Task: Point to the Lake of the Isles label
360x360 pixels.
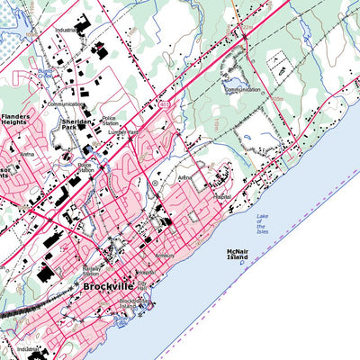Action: [262, 224]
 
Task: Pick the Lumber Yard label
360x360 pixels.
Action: [121, 131]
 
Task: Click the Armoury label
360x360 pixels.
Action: [165, 256]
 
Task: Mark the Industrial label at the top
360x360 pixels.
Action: [64, 30]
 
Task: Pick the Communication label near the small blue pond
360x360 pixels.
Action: [243, 90]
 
